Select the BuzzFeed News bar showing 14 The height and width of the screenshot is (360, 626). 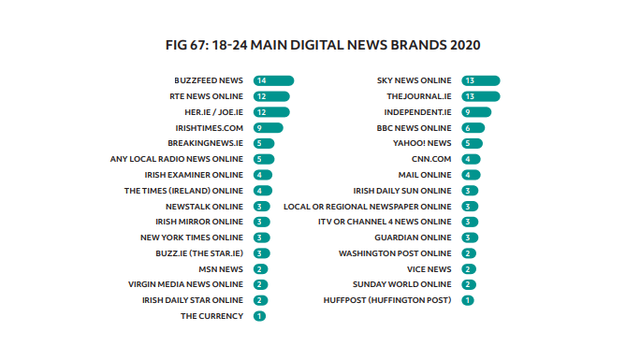pos(273,80)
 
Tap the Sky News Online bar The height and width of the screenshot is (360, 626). pos(480,80)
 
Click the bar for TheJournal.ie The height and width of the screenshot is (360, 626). pos(480,96)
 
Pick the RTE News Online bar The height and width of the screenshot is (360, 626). pos(270,96)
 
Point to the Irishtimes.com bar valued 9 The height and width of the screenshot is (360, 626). pos(267,127)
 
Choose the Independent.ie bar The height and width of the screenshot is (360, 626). pos(475,111)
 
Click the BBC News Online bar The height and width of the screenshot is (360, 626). pos(473,127)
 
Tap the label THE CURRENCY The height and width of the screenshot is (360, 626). pos(211,316)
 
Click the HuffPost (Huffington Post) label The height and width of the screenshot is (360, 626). pos(400,300)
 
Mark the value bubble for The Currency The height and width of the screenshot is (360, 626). pos(259,316)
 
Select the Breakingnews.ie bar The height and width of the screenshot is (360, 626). pos(263,143)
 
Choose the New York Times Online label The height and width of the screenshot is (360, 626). pos(194,238)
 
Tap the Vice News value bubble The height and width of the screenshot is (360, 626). pos(469,268)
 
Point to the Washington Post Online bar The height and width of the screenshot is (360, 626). pos(469,253)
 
